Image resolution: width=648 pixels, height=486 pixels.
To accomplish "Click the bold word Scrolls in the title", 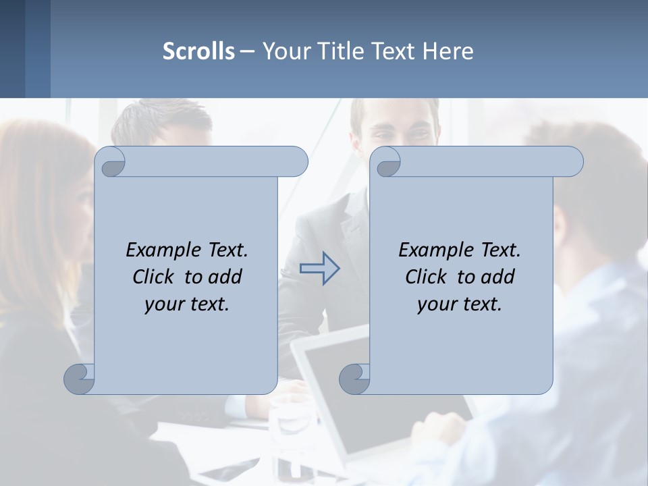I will (198, 51).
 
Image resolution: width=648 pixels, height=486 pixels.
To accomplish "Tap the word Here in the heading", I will (448, 51).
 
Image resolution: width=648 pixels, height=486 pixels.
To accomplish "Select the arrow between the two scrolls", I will (319, 269).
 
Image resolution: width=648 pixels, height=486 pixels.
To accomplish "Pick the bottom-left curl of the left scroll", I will (79, 379).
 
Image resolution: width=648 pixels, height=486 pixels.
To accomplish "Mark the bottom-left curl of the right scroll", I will (354, 379).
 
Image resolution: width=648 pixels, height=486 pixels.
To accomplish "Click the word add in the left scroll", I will (225, 277).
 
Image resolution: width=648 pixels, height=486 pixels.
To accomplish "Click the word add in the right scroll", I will (497, 277).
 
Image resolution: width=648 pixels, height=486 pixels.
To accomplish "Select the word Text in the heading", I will (395, 51).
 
